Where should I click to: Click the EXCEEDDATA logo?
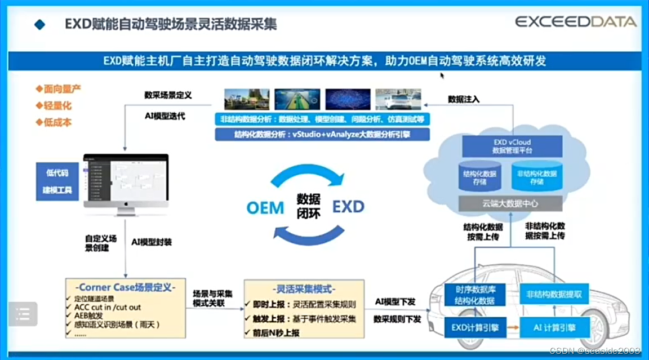(576, 22)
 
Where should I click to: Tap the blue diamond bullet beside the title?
(39, 25)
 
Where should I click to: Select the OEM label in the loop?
(265, 207)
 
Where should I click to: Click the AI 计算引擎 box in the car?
(554, 327)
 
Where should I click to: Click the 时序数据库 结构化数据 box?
(474, 295)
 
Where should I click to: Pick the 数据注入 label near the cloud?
(464, 99)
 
